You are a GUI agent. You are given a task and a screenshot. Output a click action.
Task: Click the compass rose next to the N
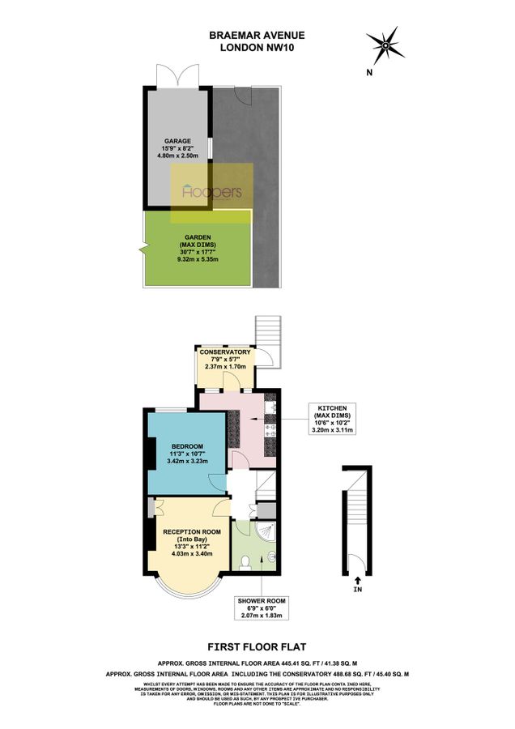pos(385,45)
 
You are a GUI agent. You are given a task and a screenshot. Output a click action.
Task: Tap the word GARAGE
pos(177,140)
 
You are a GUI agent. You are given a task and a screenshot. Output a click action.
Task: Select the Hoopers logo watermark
pos(211,194)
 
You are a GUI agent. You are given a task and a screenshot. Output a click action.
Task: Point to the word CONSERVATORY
pos(226,352)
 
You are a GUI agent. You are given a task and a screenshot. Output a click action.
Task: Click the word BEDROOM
pos(186,446)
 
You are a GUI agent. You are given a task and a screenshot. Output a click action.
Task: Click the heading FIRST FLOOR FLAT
pos(257,646)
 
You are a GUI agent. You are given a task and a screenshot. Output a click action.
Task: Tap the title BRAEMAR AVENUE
pos(257,36)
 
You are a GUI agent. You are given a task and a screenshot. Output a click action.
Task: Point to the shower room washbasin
pos(270,557)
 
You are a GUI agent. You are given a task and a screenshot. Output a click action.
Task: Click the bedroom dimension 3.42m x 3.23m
pos(187,461)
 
